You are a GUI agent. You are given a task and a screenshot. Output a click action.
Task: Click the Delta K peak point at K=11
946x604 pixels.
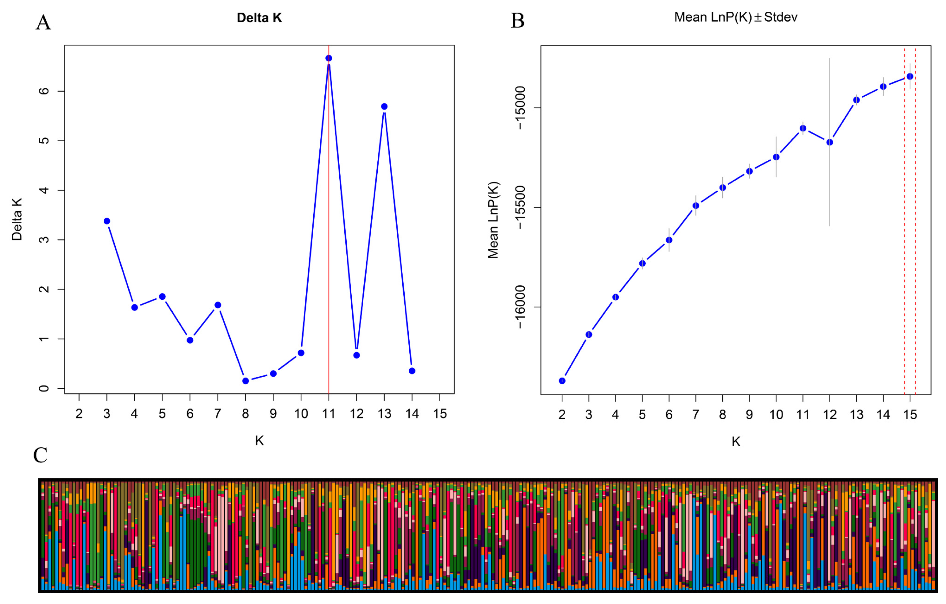329,58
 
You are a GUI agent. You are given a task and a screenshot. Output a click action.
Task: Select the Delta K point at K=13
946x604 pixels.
384,107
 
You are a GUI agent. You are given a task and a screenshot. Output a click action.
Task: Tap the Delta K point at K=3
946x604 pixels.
107,221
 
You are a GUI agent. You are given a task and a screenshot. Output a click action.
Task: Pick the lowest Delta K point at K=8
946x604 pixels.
246,381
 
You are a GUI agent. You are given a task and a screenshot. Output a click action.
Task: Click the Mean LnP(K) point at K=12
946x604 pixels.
830,142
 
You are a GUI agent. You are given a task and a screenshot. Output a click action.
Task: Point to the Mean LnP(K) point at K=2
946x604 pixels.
562,381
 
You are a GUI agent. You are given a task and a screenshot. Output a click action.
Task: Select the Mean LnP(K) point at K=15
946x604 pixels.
910,76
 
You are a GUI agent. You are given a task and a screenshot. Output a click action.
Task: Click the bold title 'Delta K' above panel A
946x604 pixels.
259,18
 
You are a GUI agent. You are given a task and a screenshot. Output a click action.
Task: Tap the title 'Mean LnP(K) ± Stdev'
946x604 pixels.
736,17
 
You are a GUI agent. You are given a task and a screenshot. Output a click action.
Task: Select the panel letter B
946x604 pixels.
517,20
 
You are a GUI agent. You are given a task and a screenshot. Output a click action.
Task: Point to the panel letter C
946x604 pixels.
40,456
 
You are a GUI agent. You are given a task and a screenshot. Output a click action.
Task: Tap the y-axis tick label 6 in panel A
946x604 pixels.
44,91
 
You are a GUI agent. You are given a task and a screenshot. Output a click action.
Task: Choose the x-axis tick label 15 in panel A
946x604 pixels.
440,414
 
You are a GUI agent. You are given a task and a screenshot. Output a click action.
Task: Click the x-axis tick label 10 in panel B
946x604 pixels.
776,415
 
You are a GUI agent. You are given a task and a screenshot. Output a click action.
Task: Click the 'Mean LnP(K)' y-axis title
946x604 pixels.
493,220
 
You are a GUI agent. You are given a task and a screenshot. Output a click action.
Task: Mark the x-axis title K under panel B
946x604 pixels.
736,442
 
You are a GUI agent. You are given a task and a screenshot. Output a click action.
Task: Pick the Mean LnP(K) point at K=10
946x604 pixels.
776,157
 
